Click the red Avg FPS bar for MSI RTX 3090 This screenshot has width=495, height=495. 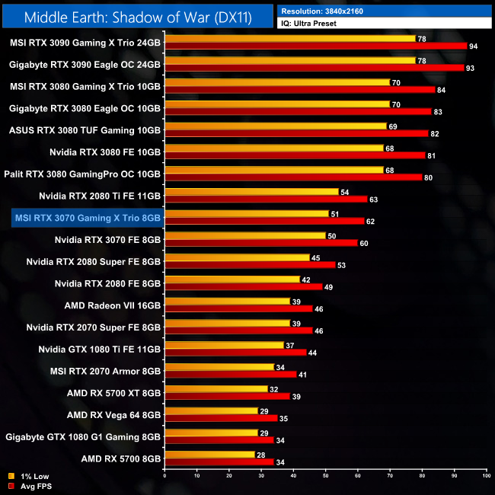[x=315, y=46]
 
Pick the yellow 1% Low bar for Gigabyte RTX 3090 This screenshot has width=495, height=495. [x=289, y=60]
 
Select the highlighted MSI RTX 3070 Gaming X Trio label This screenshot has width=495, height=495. [x=88, y=218]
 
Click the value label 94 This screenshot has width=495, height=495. [x=474, y=46]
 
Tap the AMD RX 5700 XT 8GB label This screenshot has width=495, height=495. [x=113, y=394]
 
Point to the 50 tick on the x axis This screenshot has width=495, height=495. [x=325, y=474]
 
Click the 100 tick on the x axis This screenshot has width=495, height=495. [x=485, y=474]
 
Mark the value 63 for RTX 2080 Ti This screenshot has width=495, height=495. [x=374, y=199]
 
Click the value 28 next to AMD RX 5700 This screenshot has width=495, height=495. [x=260, y=455]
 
